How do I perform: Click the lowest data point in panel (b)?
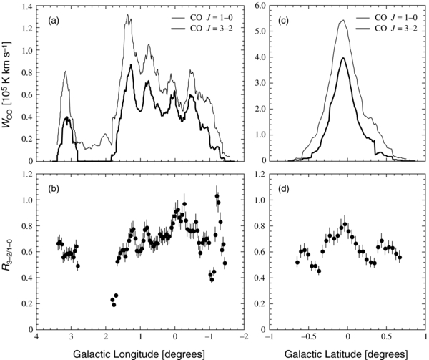point(114,305)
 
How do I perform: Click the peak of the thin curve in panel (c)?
point(342,21)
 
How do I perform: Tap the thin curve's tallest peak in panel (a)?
point(129,15)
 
